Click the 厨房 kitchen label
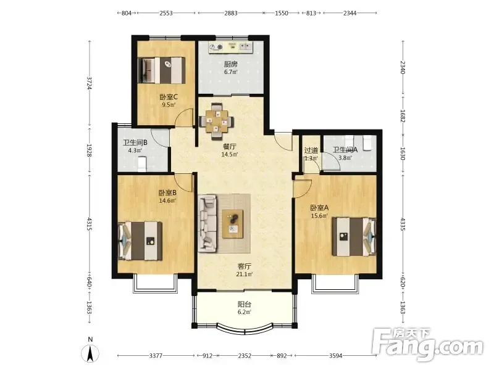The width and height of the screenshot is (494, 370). [230, 64]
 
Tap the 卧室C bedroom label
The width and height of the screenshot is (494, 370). [169, 97]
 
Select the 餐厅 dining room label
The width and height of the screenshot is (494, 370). [229, 147]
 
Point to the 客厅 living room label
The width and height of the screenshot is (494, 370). [244, 266]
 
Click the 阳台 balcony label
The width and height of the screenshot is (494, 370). [244, 305]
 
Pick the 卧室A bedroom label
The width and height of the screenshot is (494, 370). [319, 208]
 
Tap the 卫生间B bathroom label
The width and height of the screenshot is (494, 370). [135, 142]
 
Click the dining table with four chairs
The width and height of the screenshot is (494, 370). [217, 121]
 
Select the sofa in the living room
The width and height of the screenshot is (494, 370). [207, 223]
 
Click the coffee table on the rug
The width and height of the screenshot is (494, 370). [233, 224]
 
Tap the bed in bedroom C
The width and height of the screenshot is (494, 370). [161, 70]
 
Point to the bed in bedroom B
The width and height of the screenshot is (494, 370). [140, 241]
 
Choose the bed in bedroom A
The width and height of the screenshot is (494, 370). [354, 237]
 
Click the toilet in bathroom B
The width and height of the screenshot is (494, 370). [142, 165]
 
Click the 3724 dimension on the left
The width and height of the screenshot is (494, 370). [90, 83]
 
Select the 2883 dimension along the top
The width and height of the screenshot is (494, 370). [231, 13]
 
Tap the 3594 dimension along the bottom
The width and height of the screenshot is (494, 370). [335, 356]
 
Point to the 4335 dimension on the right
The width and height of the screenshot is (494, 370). [403, 224]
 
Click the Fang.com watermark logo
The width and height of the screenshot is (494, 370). [427, 344]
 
